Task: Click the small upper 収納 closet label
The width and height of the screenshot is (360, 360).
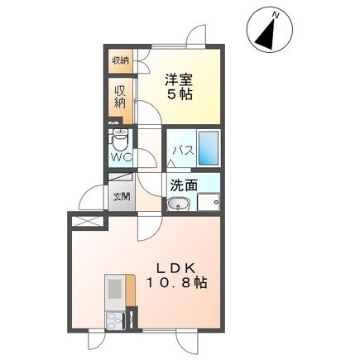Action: pos(122,60)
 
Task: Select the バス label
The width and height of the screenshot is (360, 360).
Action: pos(183,151)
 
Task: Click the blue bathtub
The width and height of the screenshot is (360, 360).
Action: pos(209,148)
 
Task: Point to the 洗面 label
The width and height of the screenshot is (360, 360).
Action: pos(184,186)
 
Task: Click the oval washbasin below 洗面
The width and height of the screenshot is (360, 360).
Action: pos(177,204)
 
